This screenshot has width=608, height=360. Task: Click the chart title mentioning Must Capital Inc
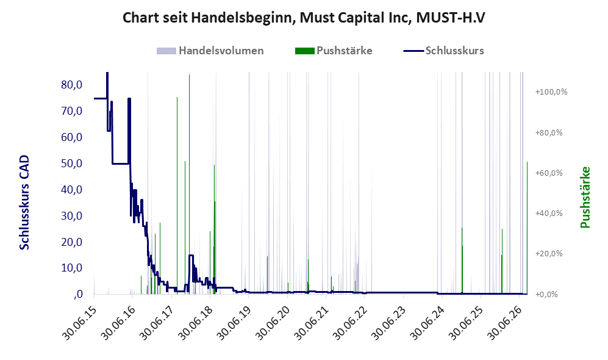point(304,18)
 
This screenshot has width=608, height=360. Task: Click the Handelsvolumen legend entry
point(210,51)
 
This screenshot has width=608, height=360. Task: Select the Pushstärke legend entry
point(334,51)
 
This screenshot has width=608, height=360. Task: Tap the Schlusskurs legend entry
point(443,51)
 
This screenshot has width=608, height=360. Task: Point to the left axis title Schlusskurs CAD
point(24,202)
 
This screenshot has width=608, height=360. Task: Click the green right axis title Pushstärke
point(585,198)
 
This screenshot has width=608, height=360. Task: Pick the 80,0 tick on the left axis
point(72,85)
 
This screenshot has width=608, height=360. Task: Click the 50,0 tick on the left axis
point(72,164)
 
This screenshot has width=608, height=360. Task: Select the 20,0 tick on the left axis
point(72,242)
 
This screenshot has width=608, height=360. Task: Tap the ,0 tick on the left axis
point(77,294)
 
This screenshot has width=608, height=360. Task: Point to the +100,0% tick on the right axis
point(551,92)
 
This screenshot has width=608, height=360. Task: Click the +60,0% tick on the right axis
point(549,173)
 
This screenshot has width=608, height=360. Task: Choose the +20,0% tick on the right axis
point(549,254)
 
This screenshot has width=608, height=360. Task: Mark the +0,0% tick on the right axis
point(547,295)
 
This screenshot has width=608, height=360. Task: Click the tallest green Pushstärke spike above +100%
point(189,184)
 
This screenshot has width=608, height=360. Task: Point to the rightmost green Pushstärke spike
point(527,228)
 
